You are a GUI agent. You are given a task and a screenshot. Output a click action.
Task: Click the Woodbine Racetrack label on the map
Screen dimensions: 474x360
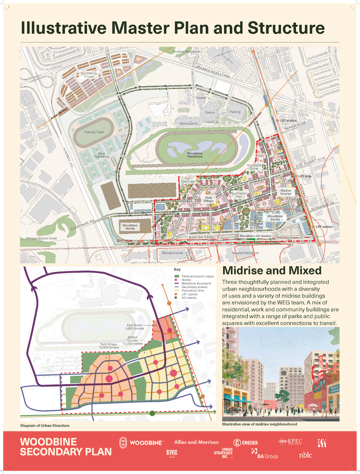[x=195, y=155]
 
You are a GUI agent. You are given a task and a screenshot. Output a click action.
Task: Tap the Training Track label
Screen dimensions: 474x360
[x=94, y=132]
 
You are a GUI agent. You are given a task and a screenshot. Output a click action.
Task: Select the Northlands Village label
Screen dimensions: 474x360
[x=89, y=75]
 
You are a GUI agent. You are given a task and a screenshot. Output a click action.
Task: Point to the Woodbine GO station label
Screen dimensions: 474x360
[x=255, y=236]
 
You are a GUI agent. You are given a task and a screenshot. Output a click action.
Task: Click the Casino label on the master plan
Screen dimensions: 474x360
[x=210, y=113]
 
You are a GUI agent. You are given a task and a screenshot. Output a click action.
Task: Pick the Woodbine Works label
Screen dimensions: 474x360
[x=130, y=227]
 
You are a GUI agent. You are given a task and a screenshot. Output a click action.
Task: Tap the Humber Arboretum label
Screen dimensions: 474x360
[x=186, y=52]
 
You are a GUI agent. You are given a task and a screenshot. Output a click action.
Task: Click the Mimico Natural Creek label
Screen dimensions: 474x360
[x=41, y=238]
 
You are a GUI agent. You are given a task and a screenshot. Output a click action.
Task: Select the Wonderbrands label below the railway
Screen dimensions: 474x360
[x=173, y=253]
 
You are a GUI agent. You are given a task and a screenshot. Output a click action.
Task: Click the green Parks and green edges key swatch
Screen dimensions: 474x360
[x=177, y=277]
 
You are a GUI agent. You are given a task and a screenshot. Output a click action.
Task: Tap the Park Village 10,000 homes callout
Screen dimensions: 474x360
[x=109, y=346]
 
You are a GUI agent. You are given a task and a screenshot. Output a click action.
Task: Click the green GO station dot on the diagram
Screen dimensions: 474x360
[x=152, y=413]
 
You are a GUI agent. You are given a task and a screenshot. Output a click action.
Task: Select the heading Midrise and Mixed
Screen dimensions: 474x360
[x=272, y=270]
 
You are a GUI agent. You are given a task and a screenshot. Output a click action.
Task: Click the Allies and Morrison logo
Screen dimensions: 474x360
[x=196, y=442]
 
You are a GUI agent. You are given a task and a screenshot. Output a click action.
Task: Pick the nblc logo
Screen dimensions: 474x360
[x=305, y=455]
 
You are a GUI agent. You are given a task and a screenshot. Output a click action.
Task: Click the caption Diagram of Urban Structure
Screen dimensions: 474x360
[x=45, y=425]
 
